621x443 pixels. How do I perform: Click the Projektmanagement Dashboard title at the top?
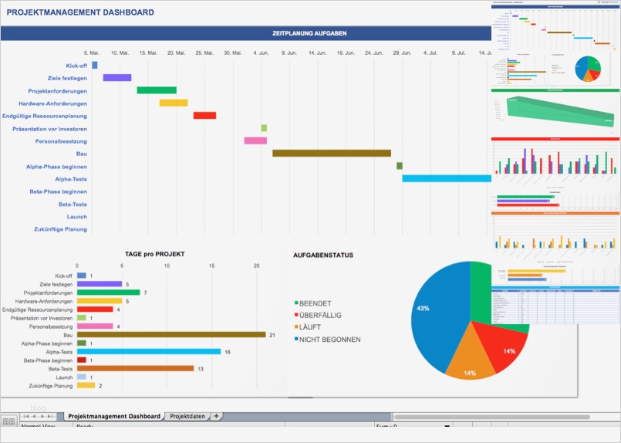(x=80, y=13)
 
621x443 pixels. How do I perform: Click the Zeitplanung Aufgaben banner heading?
(x=309, y=33)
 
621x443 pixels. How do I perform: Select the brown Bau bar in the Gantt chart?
(x=331, y=154)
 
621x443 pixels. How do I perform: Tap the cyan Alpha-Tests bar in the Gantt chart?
(x=446, y=178)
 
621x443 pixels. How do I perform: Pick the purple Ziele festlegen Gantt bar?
(x=117, y=78)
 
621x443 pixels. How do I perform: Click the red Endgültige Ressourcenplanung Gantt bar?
(x=204, y=116)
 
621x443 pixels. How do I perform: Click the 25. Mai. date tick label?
(x=204, y=53)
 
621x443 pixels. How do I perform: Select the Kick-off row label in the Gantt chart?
(x=76, y=66)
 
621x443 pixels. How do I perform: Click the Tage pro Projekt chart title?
(x=154, y=254)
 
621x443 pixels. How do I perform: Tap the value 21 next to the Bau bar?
(x=272, y=335)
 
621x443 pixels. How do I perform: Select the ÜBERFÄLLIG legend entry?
(x=319, y=316)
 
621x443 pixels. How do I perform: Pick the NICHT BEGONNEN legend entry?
(x=329, y=340)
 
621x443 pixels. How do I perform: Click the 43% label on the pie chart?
(x=423, y=308)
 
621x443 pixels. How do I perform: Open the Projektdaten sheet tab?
(x=187, y=416)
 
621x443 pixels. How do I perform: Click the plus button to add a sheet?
(x=217, y=416)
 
